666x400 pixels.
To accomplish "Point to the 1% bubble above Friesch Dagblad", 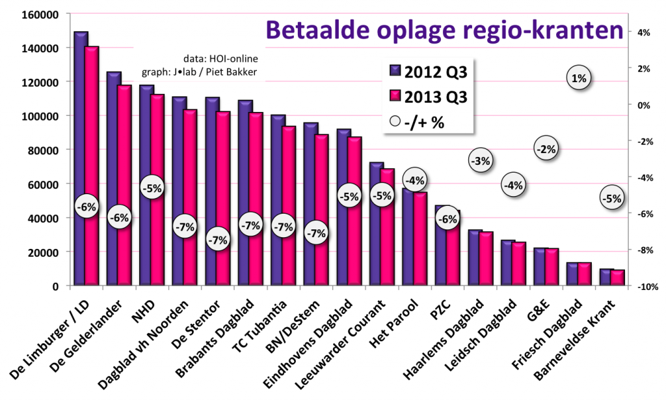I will [579, 79].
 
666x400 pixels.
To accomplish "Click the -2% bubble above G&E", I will [546, 149].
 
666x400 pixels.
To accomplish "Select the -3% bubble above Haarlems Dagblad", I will [482, 160].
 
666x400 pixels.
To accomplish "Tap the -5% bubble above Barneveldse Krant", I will [611, 199].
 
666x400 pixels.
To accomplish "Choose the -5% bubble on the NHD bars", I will [152, 188].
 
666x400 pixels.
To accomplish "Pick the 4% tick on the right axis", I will [643, 33].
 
